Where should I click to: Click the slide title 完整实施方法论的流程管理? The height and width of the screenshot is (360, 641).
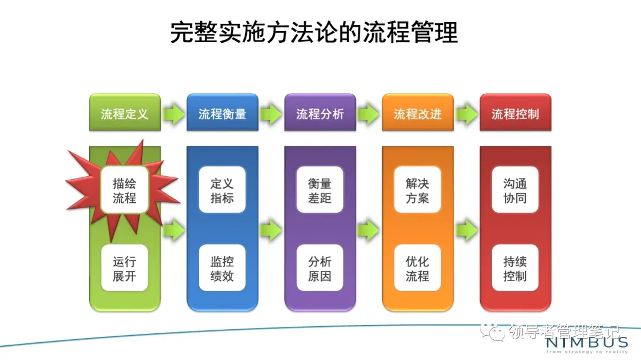click(314, 33)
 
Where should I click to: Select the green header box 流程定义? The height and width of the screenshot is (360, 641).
click(125, 113)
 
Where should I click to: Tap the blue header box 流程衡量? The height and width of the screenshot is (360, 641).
click(222, 113)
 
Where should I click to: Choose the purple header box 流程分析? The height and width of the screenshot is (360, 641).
click(320, 113)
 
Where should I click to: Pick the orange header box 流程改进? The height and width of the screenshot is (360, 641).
click(417, 113)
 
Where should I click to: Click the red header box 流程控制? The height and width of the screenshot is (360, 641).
click(515, 113)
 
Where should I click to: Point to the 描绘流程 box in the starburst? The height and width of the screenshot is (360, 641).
click(125, 190)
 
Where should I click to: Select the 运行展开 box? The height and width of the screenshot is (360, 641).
click(125, 268)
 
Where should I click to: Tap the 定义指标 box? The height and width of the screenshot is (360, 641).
click(222, 190)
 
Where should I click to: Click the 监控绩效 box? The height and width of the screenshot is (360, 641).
click(222, 268)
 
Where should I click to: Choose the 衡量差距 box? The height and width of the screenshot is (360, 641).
click(320, 190)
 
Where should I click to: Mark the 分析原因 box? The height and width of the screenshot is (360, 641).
click(320, 268)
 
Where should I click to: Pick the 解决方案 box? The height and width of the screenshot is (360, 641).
click(417, 190)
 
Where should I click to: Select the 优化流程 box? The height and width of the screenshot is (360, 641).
click(417, 268)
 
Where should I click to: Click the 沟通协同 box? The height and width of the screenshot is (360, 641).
click(515, 190)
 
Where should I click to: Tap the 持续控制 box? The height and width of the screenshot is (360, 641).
click(515, 268)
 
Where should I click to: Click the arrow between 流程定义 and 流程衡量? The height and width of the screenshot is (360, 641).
click(174, 113)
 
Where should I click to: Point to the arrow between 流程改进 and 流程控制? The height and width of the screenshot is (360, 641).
click(467, 113)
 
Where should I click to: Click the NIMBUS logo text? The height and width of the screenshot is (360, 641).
click(587, 343)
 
